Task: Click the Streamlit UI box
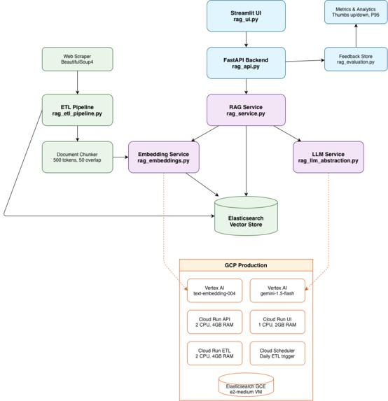coord(246,15)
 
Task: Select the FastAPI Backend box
coord(246,62)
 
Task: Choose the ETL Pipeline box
coord(77,109)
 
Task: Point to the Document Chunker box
coord(77,156)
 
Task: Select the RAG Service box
coord(246,109)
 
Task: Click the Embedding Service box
coord(164,156)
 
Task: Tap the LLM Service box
coord(328,156)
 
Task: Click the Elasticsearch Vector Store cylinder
coord(246,212)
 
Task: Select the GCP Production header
coord(245,267)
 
